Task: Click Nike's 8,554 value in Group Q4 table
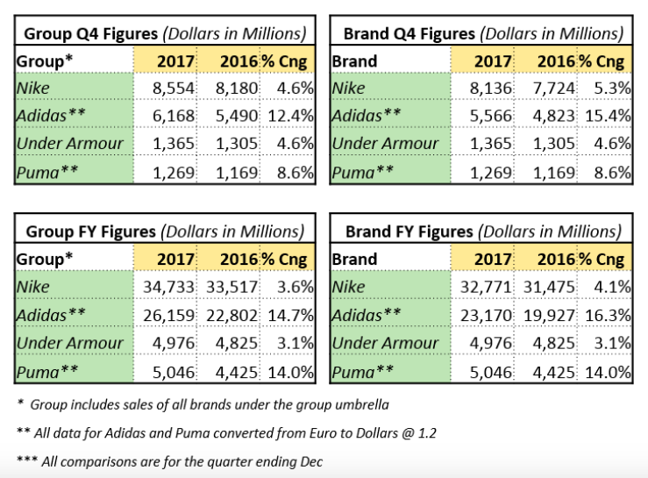(x=173, y=88)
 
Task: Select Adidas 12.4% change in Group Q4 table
(x=290, y=116)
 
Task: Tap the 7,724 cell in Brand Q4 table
(x=554, y=88)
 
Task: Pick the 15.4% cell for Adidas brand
(x=608, y=116)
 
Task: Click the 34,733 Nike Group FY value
(x=168, y=287)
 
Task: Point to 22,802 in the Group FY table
(x=231, y=316)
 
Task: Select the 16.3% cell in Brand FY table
(x=608, y=316)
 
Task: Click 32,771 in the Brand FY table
(x=486, y=287)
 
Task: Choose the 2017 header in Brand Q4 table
(x=493, y=61)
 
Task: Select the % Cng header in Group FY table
(x=284, y=260)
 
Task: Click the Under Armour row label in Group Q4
(x=70, y=144)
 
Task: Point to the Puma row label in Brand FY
(x=362, y=372)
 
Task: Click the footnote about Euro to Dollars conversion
(x=226, y=433)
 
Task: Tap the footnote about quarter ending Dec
(x=169, y=461)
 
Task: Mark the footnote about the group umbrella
(x=203, y=404)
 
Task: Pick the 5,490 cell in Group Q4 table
(x=237, y=116)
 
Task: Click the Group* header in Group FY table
(x=45, y=260)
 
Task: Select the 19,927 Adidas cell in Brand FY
(x=549, y=316)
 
